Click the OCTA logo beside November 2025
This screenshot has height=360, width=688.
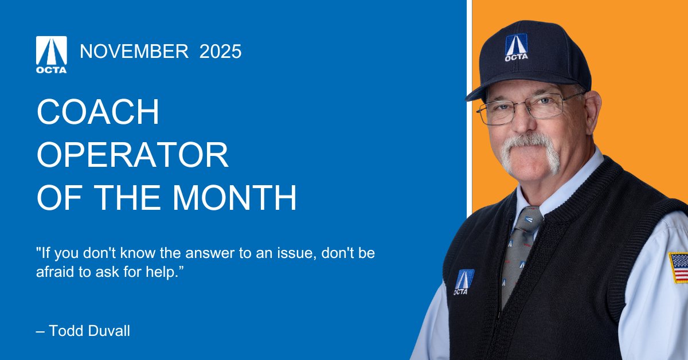pos(52,54)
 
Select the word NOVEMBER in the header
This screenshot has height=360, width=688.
pos(134,52)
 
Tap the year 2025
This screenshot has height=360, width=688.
pos(220,52)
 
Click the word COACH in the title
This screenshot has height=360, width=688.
pos(98,113)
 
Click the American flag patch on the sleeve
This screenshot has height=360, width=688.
pos(679,268)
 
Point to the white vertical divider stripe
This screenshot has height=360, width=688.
pos(468,103)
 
